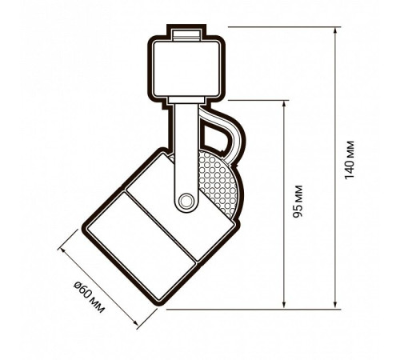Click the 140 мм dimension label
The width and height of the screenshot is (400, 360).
(x=350, y=160)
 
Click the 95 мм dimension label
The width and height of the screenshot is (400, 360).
(x=298, y=202)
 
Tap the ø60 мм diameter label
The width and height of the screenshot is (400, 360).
(x=89, y=298)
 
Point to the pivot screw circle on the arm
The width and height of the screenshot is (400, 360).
(x=186, y=201)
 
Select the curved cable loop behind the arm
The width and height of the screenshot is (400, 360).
(x=223, y=134)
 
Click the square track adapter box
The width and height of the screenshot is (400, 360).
(x=186, y=69)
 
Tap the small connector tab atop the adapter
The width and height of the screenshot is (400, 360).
(x=186, y=34)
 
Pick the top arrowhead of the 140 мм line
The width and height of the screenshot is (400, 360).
(x=335, y=30)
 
